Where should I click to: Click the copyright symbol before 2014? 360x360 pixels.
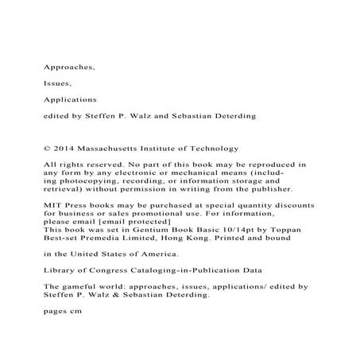click(45, 147)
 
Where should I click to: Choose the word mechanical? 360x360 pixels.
click(181, 172)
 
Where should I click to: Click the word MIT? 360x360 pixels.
click(51, 204)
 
